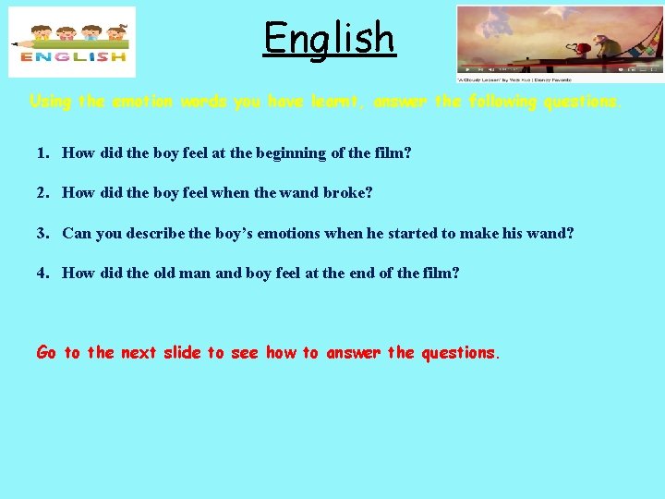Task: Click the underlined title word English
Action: (329, 38)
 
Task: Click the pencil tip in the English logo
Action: (13, 44)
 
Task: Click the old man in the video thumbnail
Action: (606, 45)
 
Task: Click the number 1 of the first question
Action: (42, 153)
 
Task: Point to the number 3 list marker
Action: (42, 234)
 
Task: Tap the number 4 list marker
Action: (42, 274)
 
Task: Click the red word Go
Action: (46, 352)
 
